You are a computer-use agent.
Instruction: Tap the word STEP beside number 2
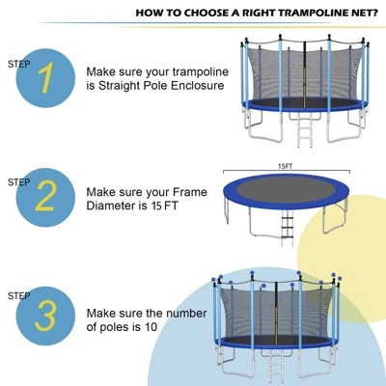click(x=18, y=181)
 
